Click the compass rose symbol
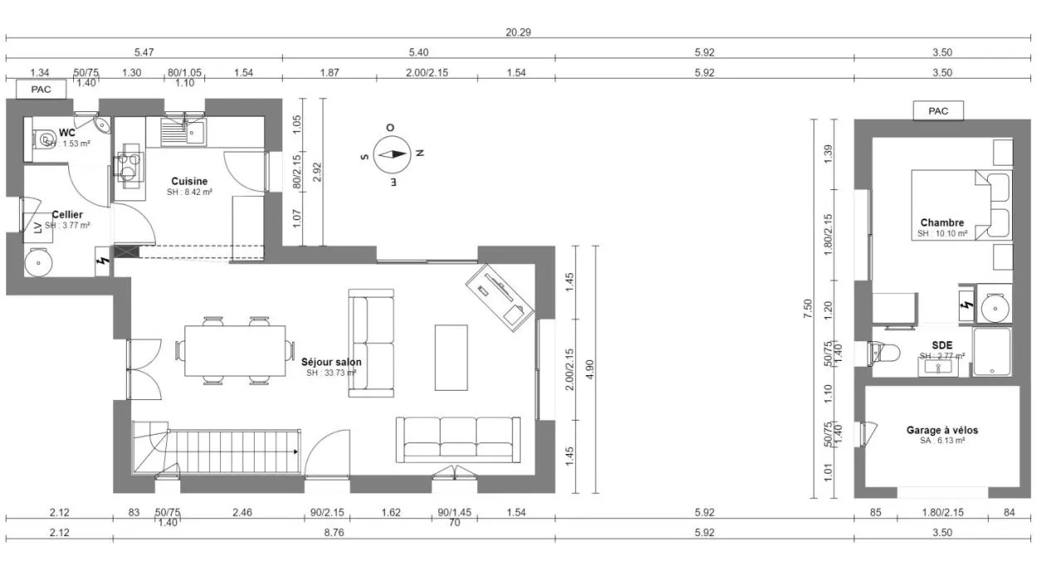(392, 154)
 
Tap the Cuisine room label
(189, 181)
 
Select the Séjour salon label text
(331, 363)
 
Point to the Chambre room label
(942, 222)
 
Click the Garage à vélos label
(941, 430)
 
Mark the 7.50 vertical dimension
(808, 310)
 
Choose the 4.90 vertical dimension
(590, 368)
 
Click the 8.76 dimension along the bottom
(335, 533)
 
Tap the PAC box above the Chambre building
(938, 110)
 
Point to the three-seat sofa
(458, 439)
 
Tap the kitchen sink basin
(196, 131)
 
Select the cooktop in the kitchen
(130, 166)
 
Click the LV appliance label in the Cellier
(37, 227)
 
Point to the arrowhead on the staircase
(296, 451)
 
